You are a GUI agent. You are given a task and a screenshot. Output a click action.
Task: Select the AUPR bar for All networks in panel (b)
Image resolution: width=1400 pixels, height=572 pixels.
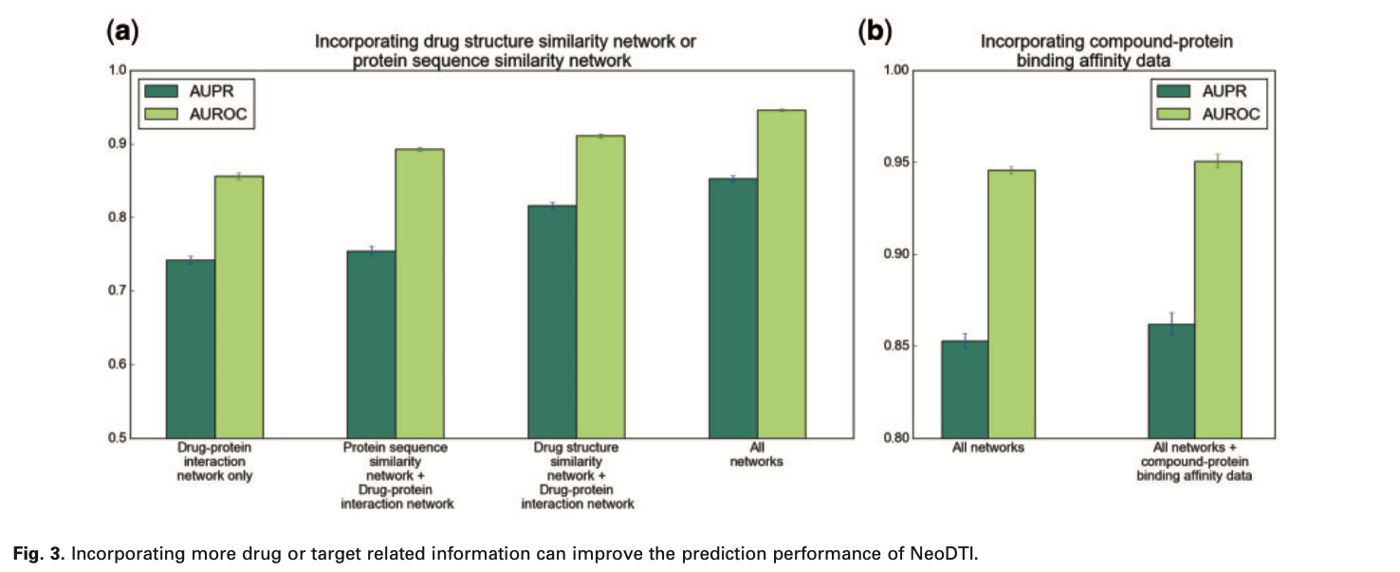965,389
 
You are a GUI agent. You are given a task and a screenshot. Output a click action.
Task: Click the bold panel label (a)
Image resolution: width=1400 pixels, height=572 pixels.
122,31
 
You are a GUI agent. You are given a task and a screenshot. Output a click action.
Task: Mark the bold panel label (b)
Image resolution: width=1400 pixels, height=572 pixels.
875,31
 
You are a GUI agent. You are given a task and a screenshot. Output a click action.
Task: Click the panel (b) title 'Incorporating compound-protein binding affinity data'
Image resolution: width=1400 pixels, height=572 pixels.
1074,50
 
